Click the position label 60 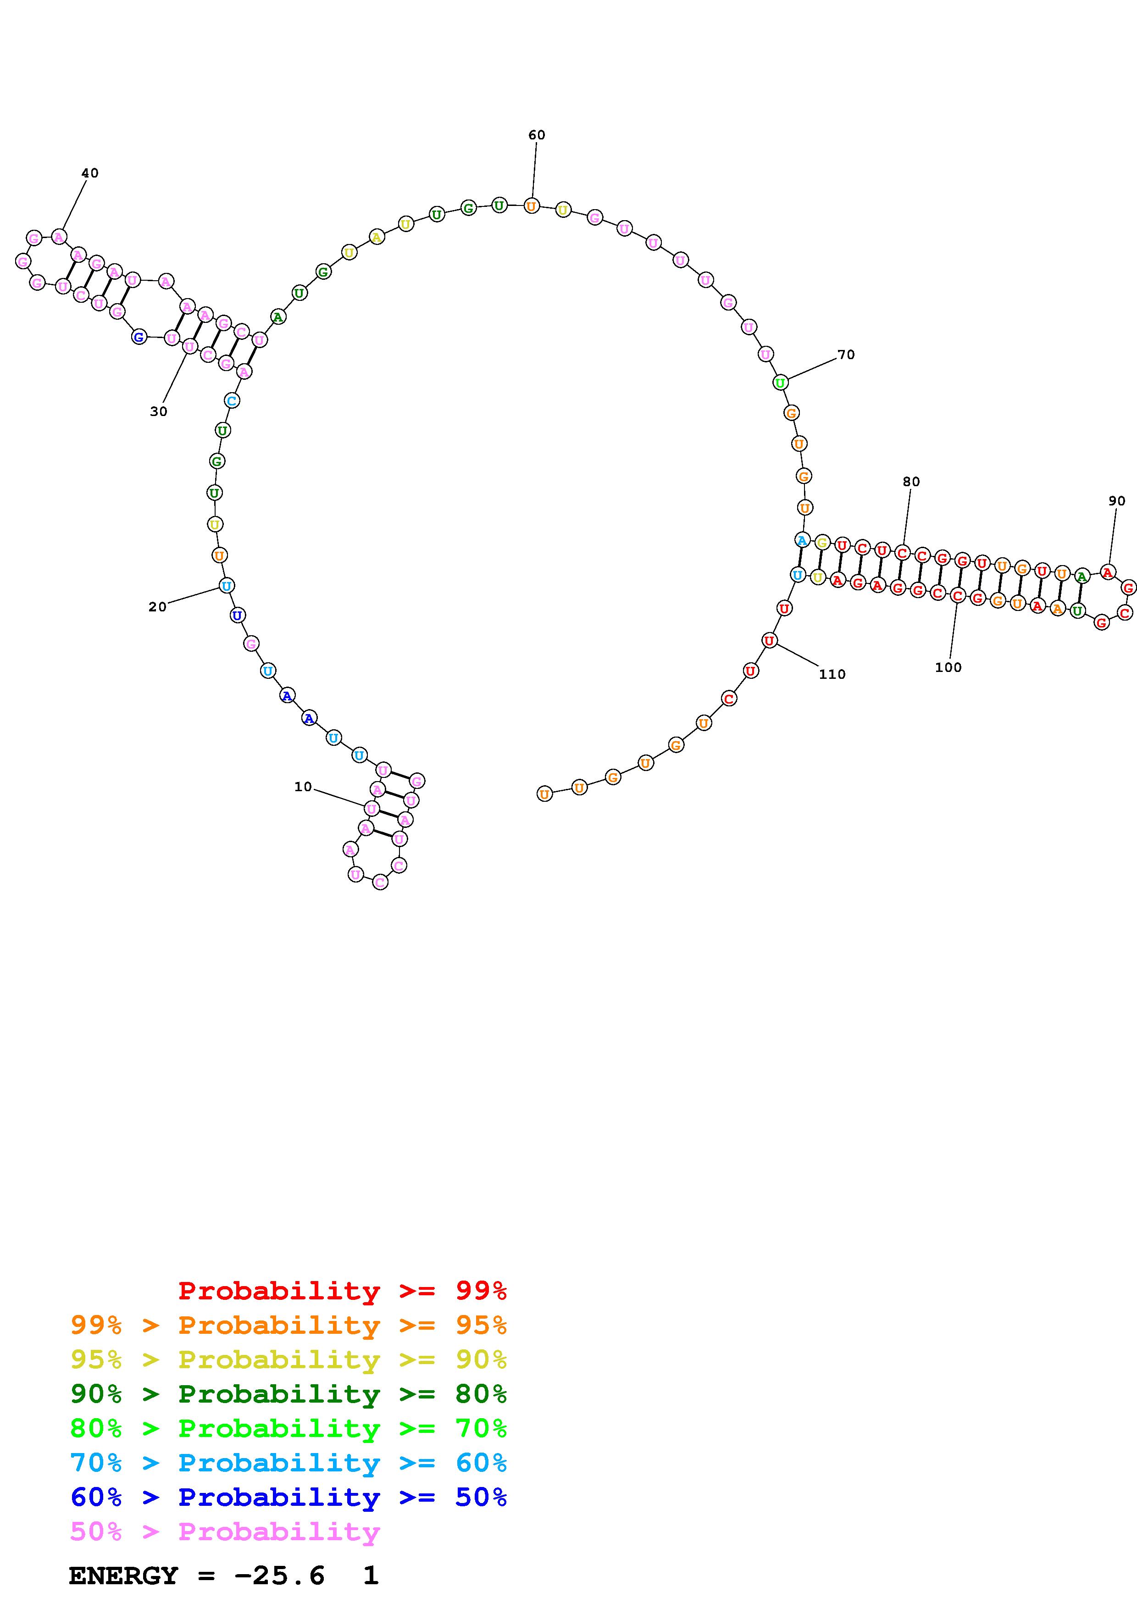tap(537, 135)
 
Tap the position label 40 tap(90, 173)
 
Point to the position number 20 tap(158, 607)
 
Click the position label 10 tap(303, 787)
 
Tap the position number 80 tap(911, 482)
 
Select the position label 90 tap(1117, 501)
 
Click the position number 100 tap(948, 667)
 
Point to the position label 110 tap(832, 674)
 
